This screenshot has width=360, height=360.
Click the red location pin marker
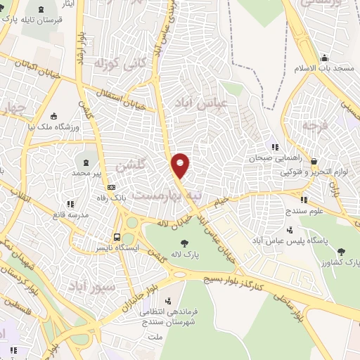[x=181, y=166]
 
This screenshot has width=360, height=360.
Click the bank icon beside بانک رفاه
[x=111, y=188]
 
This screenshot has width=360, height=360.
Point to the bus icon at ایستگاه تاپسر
[x=117, y=238]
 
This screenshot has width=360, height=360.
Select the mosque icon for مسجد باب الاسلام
[x=323, y=58]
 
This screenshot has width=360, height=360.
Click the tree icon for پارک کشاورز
[x=340, y=251]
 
